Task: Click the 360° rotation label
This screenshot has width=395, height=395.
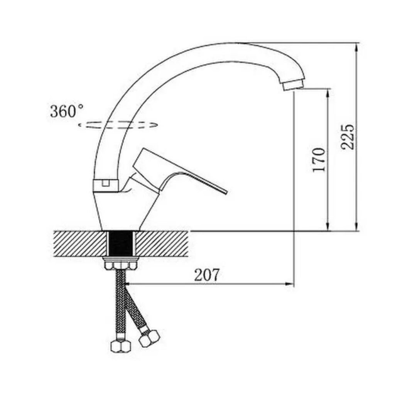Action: pyautogui.click(x=67, y=111)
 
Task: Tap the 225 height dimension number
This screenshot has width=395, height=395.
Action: pyautogui.click(x=348, y=137)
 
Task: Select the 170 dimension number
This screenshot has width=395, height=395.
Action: pyautogui.click(x=319, y=160)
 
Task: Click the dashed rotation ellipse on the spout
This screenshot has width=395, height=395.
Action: pyautogui.click(x=118, y=125)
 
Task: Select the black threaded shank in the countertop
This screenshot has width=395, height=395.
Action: pyautogui.click(x=121, y=243)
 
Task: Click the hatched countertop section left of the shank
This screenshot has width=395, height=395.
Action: pyautogui.click(x=80, y=243)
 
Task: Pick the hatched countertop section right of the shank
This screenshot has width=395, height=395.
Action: pyautogui.click(x=162, y=243)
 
